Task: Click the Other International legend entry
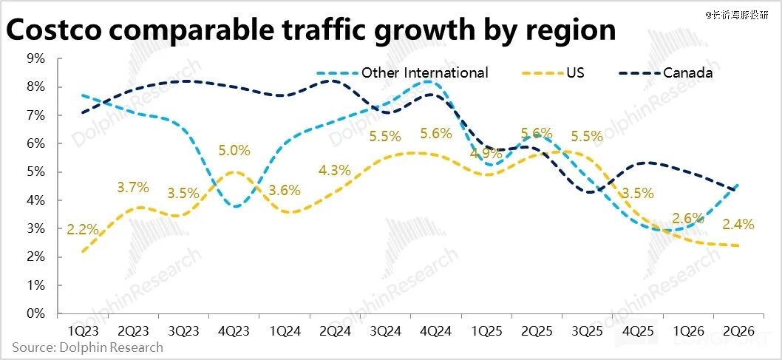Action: [x=424, y=72]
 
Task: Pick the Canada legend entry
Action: [x=687, y=72]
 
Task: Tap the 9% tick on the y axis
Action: [x=36, y=58]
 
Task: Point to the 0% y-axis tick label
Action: [x=36, y=313]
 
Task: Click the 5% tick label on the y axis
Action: [x=36, y=171]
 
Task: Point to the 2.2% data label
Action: [x=82, y=229]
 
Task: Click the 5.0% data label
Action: [x=234, y=150]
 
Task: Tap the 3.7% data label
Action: [x=133, y=188]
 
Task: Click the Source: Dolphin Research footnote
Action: [x=87, y=347]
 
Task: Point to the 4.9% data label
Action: [x=487, y=154]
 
